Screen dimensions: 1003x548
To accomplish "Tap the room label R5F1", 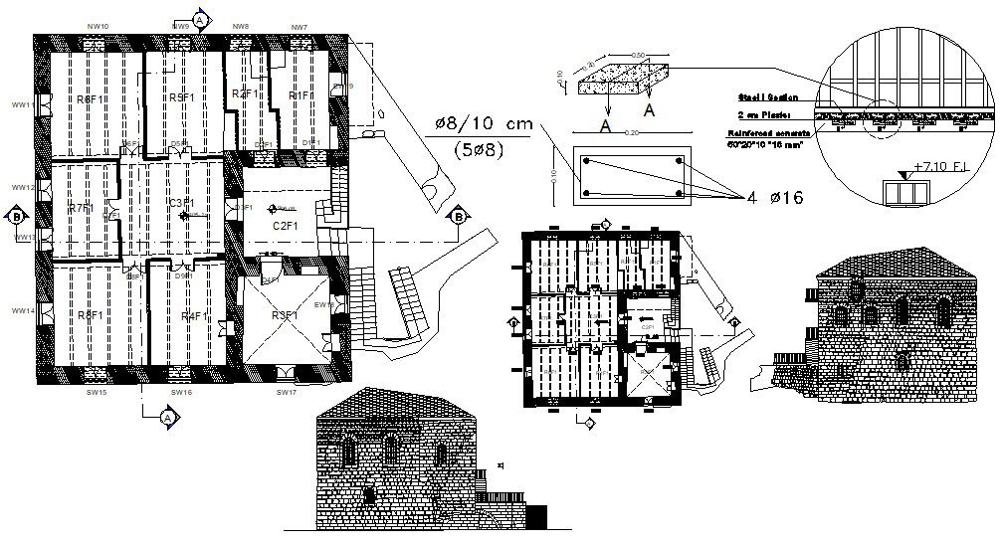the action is tap(181, 97).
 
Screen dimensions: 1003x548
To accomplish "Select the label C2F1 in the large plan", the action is tap(286, 226).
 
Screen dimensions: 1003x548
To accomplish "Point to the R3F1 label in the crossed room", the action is tap(286, 315).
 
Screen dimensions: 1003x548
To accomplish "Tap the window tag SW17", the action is tap(287, 393).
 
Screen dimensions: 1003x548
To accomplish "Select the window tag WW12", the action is tap(22, 187).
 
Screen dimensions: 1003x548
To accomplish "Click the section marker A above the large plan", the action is tap(201, 19).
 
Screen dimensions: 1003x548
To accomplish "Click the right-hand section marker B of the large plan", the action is tap(459, 216).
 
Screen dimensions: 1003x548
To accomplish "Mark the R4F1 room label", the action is tap(195, 315).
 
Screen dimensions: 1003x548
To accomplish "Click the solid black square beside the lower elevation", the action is tap(536, 517).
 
